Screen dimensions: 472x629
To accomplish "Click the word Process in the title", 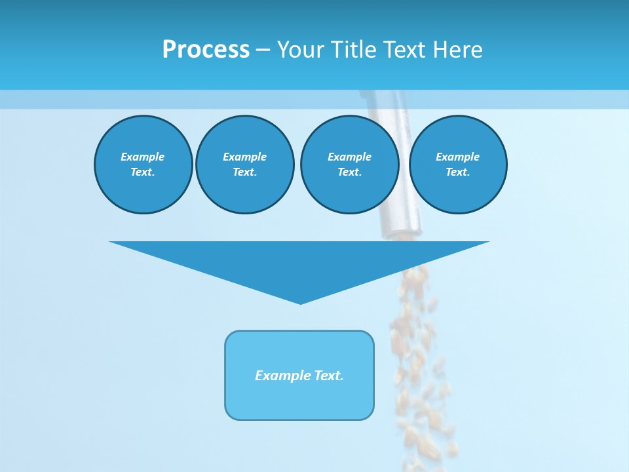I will pos(206,49).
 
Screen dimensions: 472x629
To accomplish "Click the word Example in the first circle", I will pos(143,157).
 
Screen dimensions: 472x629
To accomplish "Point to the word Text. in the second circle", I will pos(245,172).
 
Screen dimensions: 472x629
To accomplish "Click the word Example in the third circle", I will pos(349,157).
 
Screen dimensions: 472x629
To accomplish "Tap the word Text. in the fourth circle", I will pos(458,172).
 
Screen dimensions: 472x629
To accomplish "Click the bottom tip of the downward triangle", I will pos(300,302).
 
